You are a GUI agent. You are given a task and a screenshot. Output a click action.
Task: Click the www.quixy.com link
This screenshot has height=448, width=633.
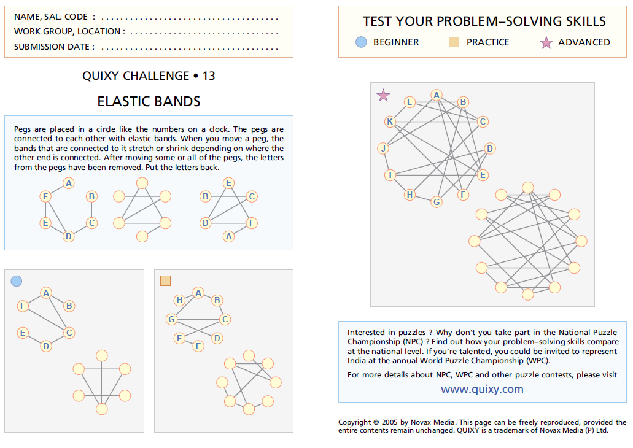[482, 389]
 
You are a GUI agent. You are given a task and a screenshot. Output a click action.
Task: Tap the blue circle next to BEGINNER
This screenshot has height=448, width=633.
[361, 42]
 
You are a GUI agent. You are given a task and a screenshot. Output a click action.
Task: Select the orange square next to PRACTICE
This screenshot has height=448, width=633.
[454, 42]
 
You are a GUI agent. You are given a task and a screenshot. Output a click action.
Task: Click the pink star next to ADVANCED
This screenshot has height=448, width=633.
[546, 42]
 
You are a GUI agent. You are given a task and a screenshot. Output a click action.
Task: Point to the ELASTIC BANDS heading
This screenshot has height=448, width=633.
[149, 101]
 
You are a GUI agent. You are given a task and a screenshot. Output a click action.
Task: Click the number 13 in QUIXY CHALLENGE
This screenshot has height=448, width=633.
[209, 76]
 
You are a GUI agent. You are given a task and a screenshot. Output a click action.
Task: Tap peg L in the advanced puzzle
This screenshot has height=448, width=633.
[410, 102]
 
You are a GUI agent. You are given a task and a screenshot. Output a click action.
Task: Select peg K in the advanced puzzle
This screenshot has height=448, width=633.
[389, 122]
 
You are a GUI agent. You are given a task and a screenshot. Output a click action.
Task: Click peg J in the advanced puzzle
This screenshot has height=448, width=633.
[383, 149]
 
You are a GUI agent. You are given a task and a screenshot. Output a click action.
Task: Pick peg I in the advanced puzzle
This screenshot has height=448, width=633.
[389, 176]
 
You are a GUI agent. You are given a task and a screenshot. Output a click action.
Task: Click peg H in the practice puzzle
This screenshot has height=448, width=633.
[179, 300]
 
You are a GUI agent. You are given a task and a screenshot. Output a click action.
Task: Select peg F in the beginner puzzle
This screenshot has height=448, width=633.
[23, 306]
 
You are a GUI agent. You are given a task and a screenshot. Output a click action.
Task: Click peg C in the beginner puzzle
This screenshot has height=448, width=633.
[69, 333]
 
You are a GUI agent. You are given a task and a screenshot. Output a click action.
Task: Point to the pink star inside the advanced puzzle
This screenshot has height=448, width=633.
[383, 95]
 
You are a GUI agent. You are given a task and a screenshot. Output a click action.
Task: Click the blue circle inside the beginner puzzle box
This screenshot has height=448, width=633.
[17, 281]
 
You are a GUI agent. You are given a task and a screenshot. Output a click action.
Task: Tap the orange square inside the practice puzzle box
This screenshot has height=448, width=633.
[165, 281]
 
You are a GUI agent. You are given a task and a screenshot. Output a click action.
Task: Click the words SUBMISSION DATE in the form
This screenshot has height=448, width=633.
[54, 47]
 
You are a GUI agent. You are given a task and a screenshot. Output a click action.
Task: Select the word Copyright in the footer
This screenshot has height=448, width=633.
[354, 422]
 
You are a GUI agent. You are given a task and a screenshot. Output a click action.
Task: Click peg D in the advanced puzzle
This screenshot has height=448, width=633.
[489, 149]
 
